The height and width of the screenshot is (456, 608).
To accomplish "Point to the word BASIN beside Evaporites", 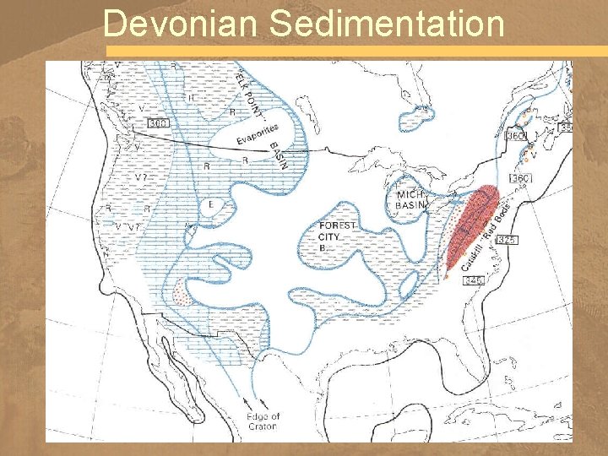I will click(278, 155).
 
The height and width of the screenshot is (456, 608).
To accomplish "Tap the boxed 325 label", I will click(507, 241).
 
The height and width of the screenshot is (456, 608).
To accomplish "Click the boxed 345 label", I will click(475, 280).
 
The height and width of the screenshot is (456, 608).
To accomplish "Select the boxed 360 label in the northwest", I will click(158, 123).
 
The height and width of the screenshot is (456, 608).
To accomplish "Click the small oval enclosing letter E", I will click(210, 205).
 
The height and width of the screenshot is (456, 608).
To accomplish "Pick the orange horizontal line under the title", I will click(355, 52).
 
